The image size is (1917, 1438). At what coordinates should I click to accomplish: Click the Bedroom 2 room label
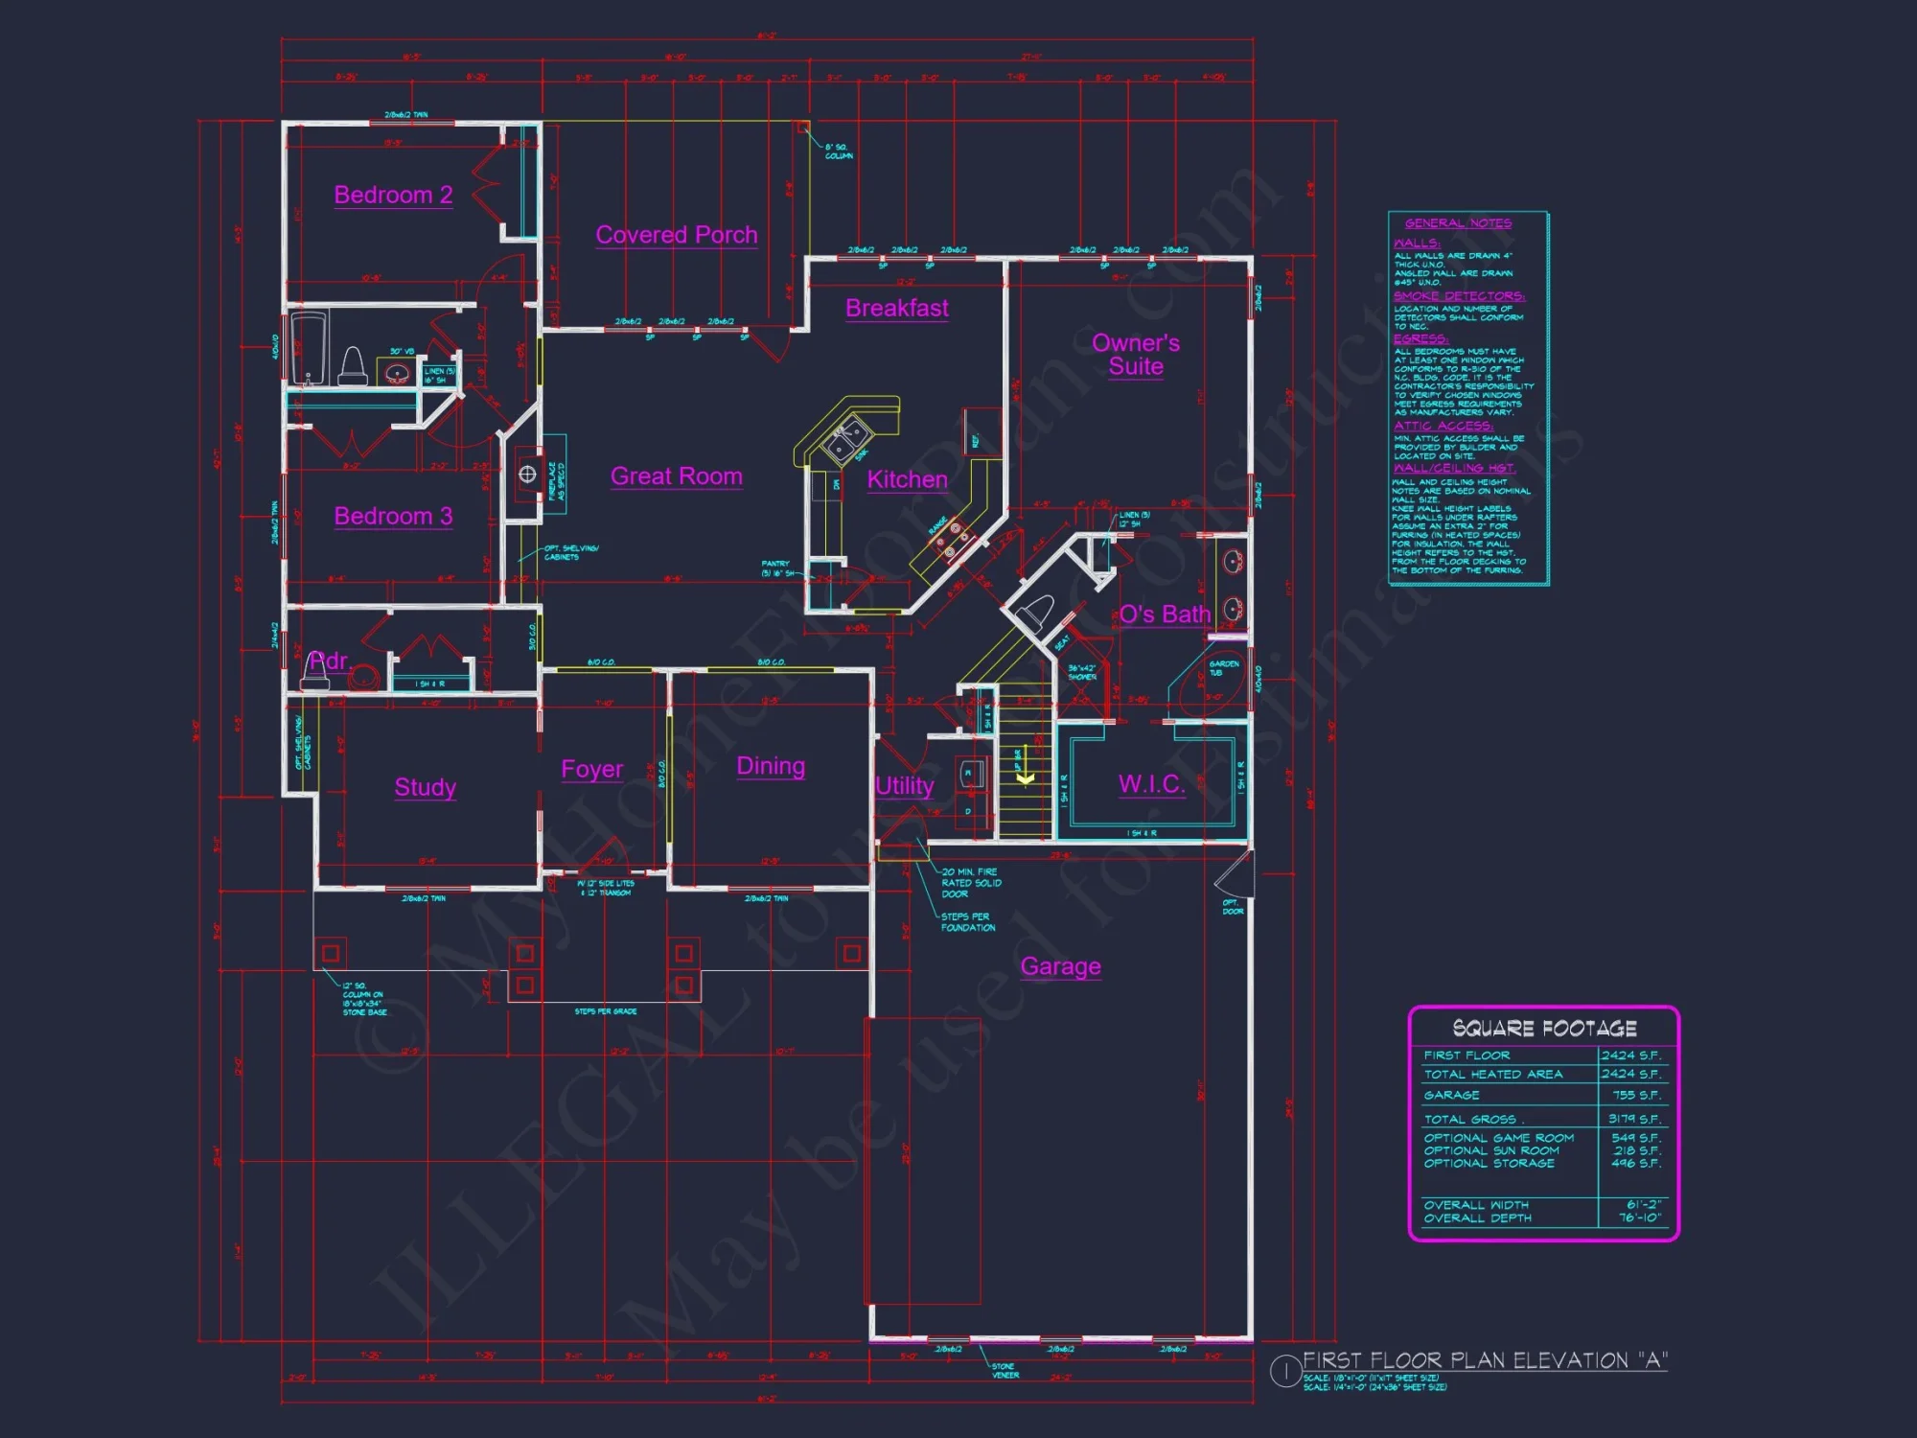point(393,195)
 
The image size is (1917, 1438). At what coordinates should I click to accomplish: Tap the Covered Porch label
point(676,235)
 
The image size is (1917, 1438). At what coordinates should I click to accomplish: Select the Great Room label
point(676,476)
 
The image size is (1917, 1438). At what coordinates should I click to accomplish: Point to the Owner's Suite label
point(1136,355)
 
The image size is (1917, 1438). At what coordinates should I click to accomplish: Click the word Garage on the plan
point(1060,966)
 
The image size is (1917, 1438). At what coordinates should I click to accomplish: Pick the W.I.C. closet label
point(1151,784)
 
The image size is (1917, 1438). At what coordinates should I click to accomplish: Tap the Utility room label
point(904,786)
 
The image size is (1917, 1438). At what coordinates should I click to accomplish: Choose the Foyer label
point(591,770)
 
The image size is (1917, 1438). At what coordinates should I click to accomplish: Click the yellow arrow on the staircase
point(1025,777)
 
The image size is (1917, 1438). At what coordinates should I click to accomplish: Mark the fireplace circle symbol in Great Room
point(527,474)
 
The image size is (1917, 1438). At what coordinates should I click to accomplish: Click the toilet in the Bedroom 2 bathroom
point(352,366)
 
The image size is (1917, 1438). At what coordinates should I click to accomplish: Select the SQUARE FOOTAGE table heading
point(1544,1029)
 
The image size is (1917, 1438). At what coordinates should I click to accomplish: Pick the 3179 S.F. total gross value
point(1634,1119)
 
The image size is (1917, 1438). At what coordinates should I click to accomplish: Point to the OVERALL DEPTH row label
point(1477,1218)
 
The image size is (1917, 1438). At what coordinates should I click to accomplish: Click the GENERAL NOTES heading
point(1458,223)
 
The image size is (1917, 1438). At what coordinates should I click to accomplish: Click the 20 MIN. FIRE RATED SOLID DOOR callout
point(970,883)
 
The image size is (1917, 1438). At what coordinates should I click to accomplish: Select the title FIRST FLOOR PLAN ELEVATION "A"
point(1485,1360)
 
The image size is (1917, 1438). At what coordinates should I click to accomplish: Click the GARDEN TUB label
point(1223,667)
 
